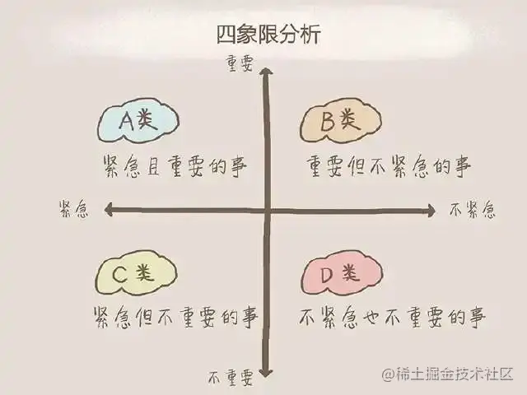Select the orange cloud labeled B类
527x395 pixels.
tap(339, 123)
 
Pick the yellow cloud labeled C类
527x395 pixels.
tap(137, 276)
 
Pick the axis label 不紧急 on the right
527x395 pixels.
tap(473, 210)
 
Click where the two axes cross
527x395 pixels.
tap(267, 211)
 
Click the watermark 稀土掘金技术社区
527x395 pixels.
tap(448, 373)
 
